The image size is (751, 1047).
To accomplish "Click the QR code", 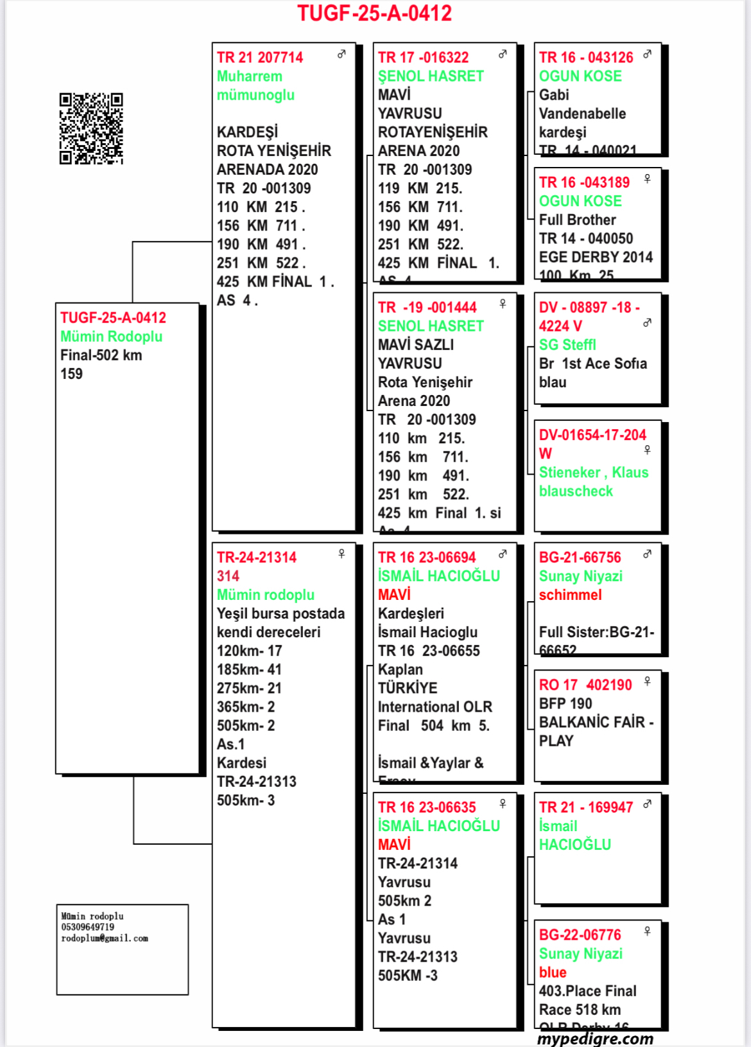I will tap(91, 128).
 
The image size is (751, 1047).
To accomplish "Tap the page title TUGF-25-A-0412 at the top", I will tap(374, 13).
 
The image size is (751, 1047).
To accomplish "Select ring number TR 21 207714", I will tap(259, 58).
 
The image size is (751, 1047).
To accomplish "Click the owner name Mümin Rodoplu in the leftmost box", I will tap(111, 337).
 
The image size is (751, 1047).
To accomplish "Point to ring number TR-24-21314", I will tap(256, 558).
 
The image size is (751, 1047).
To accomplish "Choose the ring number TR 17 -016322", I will tap(423, 58).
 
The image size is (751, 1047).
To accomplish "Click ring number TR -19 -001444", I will tap(427, 308).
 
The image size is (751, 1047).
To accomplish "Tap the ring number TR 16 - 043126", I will tap(585, 58).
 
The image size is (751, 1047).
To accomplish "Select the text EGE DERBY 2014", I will tap(595, 258).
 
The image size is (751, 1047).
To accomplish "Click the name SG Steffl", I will tap(567, 345).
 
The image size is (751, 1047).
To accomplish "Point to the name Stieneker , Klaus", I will tap(593, 473).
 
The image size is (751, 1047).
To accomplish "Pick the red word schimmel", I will tap(570, 595).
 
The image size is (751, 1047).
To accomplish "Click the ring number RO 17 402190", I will tap(585, 685).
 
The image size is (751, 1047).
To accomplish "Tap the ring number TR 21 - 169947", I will tap(585, 807).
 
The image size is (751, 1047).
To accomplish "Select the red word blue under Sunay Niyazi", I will tap(552, 972).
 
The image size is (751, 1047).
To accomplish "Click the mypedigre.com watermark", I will tap(595, 1039).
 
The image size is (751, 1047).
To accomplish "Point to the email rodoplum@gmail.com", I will tap(105, 938).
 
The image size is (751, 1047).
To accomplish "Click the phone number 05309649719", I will tap(87, 928).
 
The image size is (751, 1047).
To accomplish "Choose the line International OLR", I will tap(435, 707).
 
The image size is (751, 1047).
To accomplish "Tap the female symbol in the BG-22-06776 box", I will tap(647, 931).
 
